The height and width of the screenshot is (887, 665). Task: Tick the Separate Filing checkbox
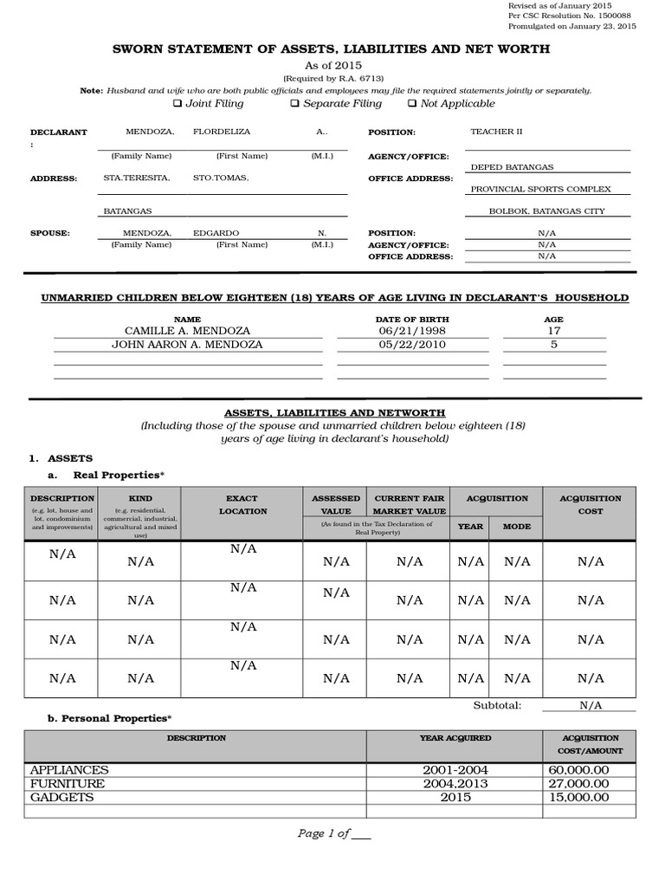coord(294,104)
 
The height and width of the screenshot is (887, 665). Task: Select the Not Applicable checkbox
coord(411,104)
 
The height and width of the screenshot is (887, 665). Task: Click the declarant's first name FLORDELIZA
coord(216,133)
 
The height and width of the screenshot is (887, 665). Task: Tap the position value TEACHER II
coord(496,133)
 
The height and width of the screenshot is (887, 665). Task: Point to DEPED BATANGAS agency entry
coord(512,167)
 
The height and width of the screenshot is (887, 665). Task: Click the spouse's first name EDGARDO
coord(216,234)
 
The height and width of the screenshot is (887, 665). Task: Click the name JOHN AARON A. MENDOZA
coord(188,345)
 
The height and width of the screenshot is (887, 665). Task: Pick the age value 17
coord(553,331)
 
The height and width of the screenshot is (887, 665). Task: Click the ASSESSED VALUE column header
coord(335,505)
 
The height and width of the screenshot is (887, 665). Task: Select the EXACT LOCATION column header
coord(242,505)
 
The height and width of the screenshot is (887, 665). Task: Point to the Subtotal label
coord(497,705)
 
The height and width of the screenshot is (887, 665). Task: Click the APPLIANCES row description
coord(69,770)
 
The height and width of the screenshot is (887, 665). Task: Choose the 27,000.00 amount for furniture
coord(578,784)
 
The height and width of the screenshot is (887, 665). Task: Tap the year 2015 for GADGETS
coord(455,797)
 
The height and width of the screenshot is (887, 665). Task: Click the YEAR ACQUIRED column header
coord(455,738)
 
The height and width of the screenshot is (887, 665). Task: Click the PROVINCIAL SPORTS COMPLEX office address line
coord(540,189)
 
